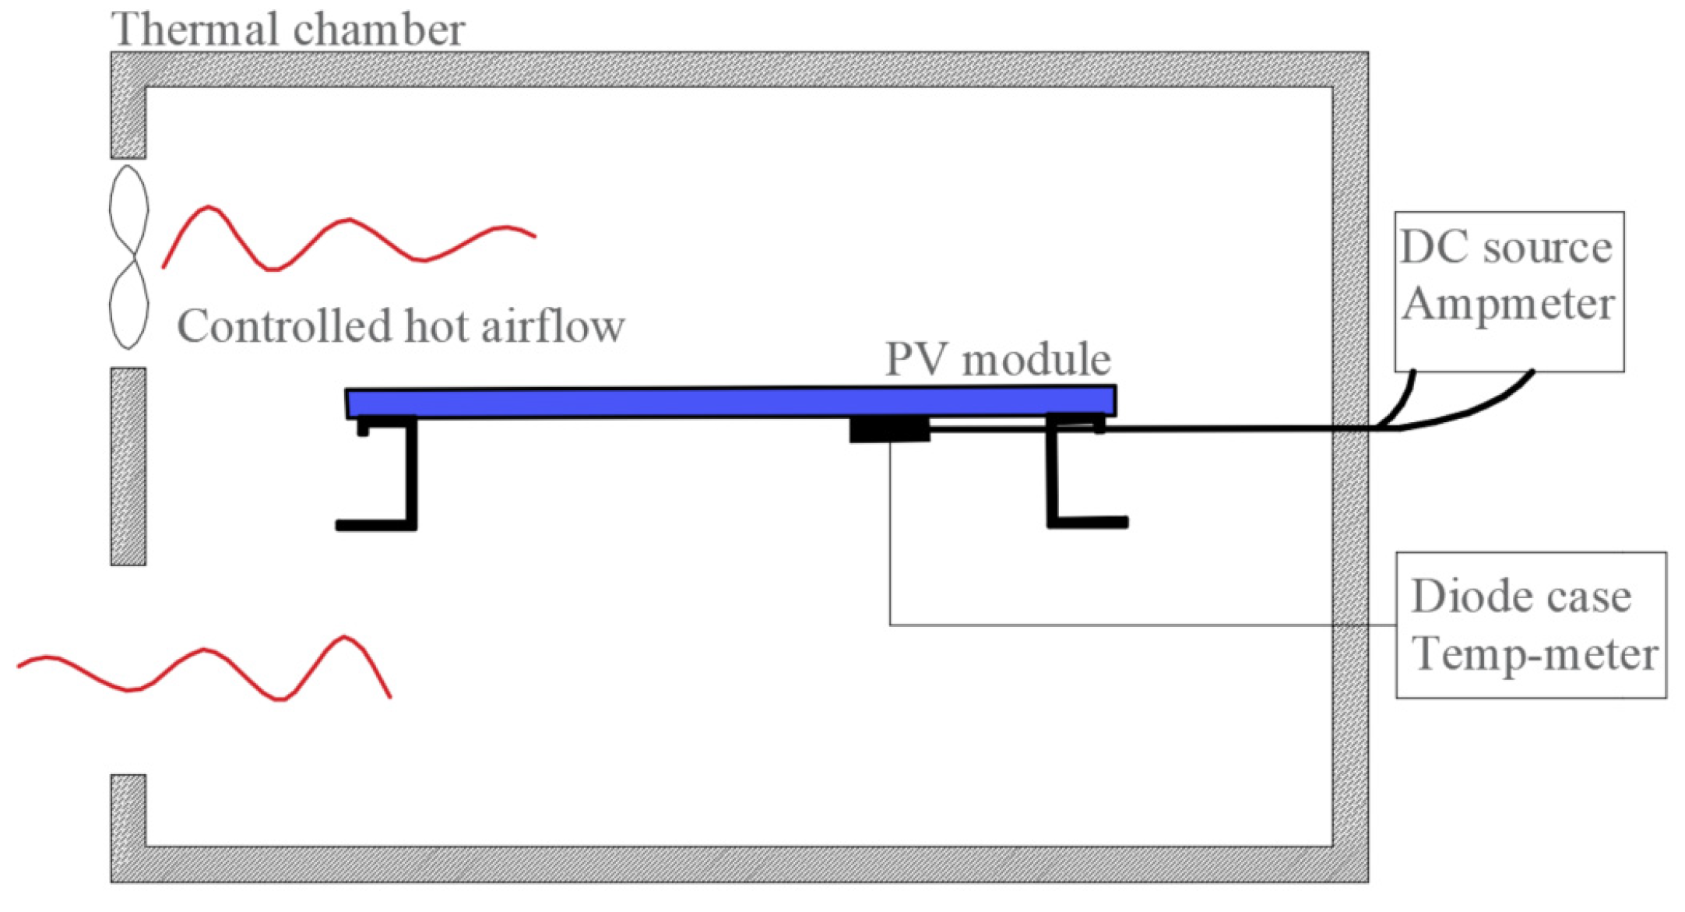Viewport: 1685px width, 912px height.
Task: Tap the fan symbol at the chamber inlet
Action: (x=128, y=256)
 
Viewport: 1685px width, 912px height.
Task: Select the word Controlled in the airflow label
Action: (x=283, y=326)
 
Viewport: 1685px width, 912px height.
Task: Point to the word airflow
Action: (x=553, y=326)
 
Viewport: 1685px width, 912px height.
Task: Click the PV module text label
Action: (x=997, y=360)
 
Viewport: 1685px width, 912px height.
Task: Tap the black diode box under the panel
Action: (x=888, y=430)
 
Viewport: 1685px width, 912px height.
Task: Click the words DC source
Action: (x=1505, y=248)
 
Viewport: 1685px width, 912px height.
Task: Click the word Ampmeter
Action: (x=1507, y=304)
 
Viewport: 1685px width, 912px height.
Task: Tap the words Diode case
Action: (x=1521, y=597)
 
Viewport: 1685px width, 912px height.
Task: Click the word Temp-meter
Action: (x=1533, y=654)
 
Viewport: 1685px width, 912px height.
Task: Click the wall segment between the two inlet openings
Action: (x=128, y=466)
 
